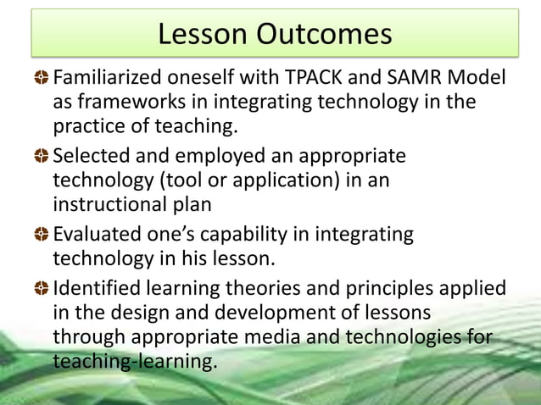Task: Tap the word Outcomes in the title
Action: click(326, 34)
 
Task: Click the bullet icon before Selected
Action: click(42, 157)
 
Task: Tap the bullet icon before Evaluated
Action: click(42, 235)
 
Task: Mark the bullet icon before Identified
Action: click(42, 289)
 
